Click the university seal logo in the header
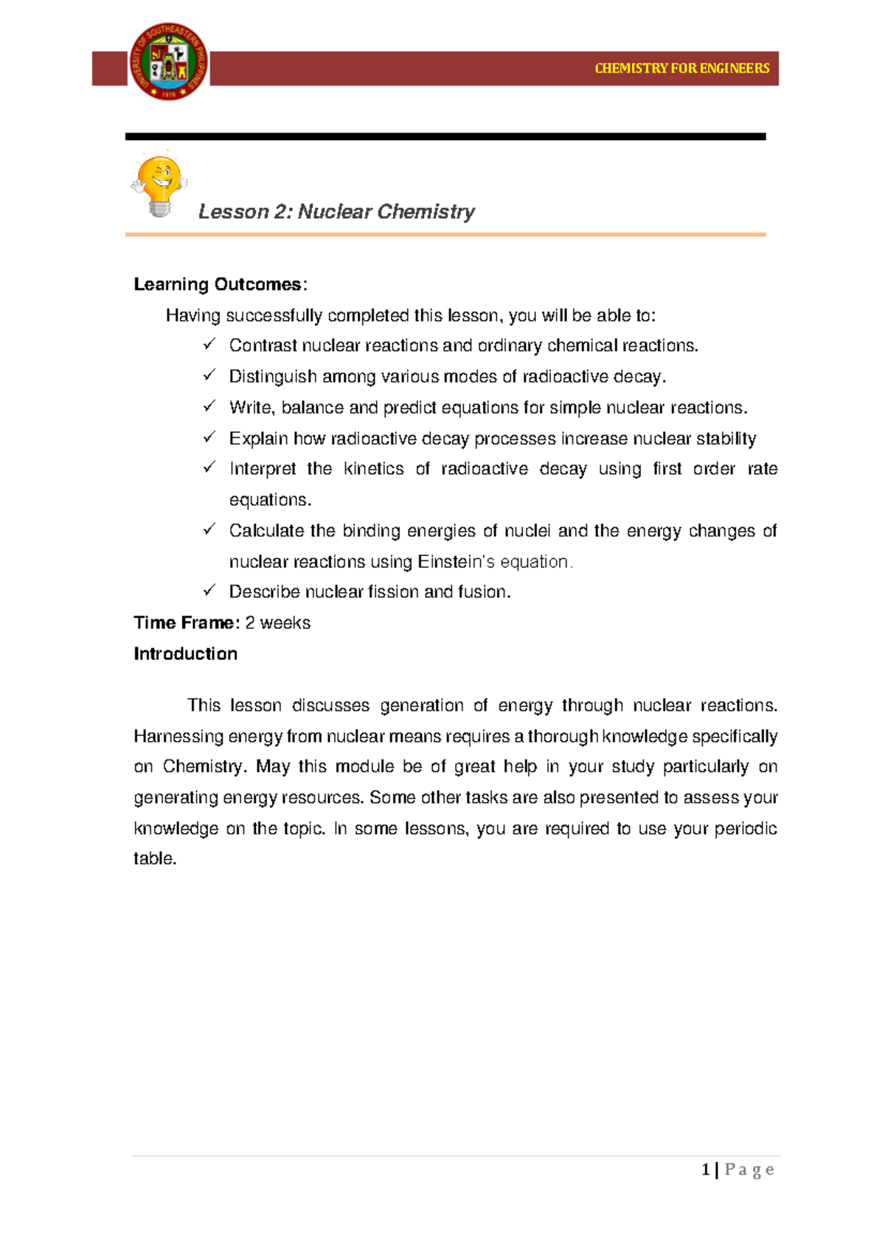click(x=169, y=61)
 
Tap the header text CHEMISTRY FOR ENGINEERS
click(x=681, y=69)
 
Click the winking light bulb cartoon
click(x=159, y=184)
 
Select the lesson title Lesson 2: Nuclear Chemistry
click(x=336, y=212)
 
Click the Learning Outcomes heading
click(x=218, y=285)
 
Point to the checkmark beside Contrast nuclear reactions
click(x=209, y=344)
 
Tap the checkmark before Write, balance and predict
click(x=209, y=406)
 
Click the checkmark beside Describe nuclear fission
click(x=209, y=591)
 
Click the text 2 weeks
click(x=277, y=623)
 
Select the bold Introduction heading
click(x=185, y=654)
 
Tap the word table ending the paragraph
click(x=154, y=859)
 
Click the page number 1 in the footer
click(x=706, y=1169)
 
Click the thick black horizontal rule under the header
click(x=445, y=136)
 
